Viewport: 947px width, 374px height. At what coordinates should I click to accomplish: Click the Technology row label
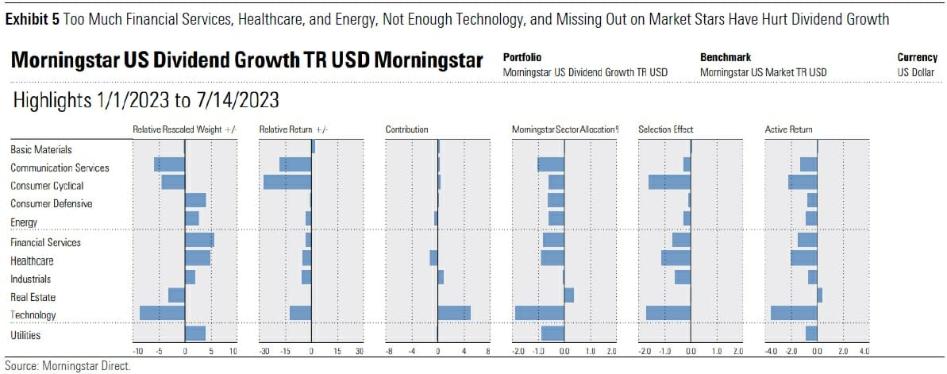coord(33,315)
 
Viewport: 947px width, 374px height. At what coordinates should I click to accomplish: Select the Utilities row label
coord(25,335)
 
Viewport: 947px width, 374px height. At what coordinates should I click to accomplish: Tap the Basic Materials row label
coord(41,149)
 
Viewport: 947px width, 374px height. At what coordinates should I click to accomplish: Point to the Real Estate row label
coord(33,297)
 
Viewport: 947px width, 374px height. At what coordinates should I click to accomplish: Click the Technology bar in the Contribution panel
coord(454,313)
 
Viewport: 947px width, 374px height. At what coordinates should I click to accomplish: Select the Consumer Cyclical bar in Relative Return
coord(287,182)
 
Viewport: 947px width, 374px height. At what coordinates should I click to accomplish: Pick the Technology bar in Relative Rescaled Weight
coord(163,313)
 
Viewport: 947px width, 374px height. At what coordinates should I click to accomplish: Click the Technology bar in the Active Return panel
coord(794,313)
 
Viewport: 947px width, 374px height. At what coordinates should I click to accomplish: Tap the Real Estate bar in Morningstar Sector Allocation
coord(568,295)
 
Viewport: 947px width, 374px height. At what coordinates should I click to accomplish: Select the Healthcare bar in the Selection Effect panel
coord(676,258)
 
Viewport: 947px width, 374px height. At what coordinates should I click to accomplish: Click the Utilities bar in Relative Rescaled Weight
coord(195,334)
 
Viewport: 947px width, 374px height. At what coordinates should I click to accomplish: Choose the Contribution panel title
coord(406,129)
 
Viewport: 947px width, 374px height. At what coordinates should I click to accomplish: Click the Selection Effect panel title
coord(665,129)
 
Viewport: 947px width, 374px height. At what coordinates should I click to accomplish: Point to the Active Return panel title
coord(788,129)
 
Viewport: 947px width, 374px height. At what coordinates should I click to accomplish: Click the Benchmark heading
coord(726,58)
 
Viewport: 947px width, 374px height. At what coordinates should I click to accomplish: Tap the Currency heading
coord(918,58)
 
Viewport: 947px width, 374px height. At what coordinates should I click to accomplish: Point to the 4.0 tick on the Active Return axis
coord(864,350)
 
